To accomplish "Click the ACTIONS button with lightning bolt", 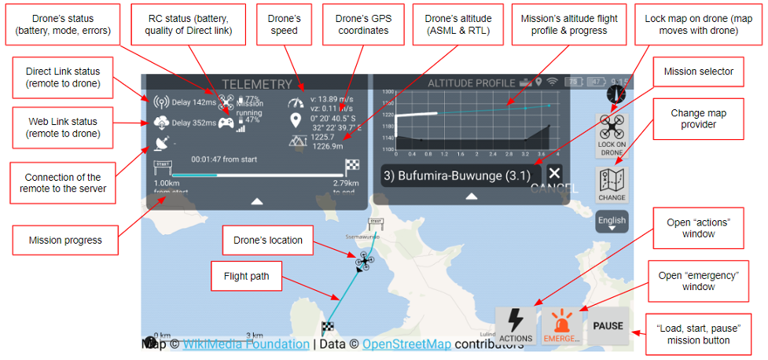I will click(x=516, y=324).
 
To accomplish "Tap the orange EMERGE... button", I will click(x=561, y=324).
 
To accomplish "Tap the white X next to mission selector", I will click(x=555, y=174).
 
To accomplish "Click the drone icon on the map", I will click(x=364, y=260).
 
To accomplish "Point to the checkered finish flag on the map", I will click(x=328, y=328).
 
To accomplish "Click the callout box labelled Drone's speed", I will click(x=284, y=22).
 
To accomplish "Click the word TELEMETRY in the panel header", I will click(x=256, y=84).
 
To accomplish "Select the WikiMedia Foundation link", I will click(x=246, y=343).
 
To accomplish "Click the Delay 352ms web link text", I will click(x=193, y=123).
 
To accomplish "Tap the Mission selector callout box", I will click(x=698, y=71).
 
